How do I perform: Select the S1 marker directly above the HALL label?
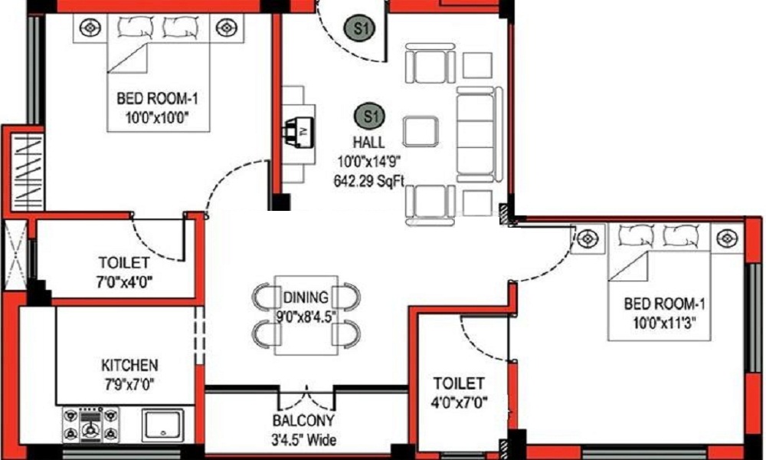(370, 117)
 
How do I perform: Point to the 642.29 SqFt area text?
(369, 181)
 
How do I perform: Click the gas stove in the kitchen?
(92, 424)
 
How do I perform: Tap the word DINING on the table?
(306, 297)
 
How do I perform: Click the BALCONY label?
(304, 421)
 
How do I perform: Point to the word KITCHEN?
(129, 365)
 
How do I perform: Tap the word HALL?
(368, 143)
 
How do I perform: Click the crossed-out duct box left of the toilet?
(15, 253)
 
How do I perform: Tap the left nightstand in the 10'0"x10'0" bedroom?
(90, 29)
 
